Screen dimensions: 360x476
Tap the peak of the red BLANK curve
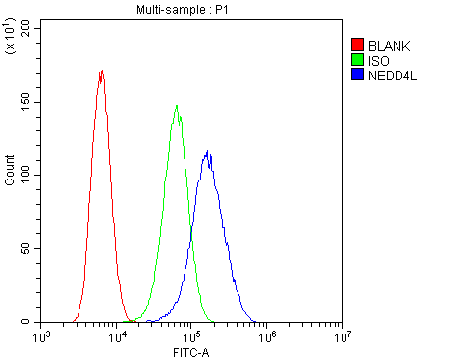[x=101, y=71]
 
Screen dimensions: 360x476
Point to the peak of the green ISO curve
[x=176, y=106]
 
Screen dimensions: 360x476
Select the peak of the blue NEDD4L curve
[x=207, y=151]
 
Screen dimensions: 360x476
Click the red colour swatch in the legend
[x=358, y=45]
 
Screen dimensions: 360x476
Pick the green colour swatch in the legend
[x=358, y=60]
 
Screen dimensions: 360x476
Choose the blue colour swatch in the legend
[x=358, y=74]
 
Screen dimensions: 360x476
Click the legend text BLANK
[x=390, y=45]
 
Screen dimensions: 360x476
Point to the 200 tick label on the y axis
[x=26, y=28]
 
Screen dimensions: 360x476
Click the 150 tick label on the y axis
[x=26, y=102]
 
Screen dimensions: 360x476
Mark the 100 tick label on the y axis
[x=26, y=176]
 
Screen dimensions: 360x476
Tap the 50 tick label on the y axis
[x=29, y=249]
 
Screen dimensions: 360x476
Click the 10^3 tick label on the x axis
[x=42, y=338]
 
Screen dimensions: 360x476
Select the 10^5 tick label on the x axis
[x=191, y=338]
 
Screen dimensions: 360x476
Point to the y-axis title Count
[x=10, y=175]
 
